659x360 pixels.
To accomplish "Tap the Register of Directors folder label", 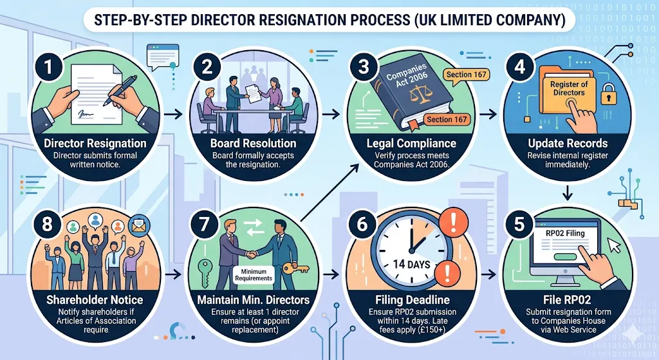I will click(x=568, y=88).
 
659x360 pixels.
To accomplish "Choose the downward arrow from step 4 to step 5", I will click(x=569, y=191).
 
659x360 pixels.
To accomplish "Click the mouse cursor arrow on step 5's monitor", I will click(x=613, y=245).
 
